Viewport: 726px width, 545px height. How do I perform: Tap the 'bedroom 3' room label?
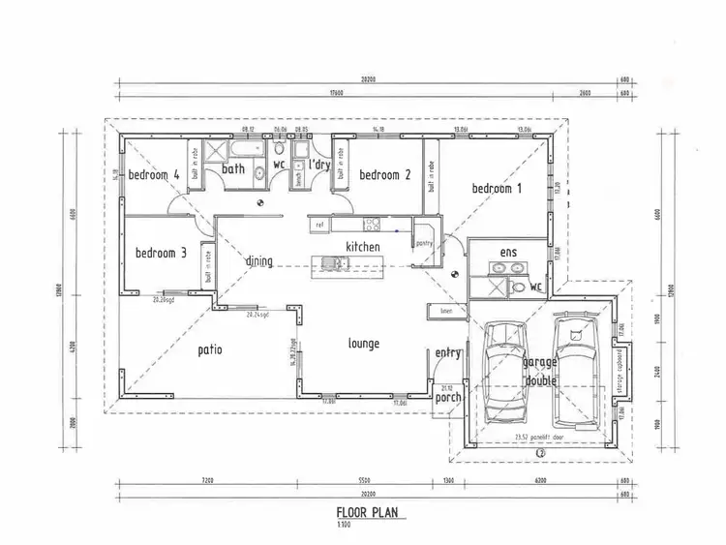tap(161, 253)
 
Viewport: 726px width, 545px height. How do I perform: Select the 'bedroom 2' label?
tap(386, 175)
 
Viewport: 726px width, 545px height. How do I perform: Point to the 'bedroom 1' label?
tap(497, 189)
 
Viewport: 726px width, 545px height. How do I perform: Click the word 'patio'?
tap(211, 349)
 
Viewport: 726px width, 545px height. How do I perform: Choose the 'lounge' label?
tap(364, 344)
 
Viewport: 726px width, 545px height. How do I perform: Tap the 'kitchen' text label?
tap(363, 248)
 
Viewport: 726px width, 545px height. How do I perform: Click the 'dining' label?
tap(258, 261)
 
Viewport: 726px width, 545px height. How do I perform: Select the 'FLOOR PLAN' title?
tap(369, 513)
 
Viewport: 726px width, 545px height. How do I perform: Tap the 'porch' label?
tap(447, 397)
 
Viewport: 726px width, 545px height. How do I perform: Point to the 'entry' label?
tap(447, 353)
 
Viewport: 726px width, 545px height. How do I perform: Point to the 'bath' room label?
tap(233, 169)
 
